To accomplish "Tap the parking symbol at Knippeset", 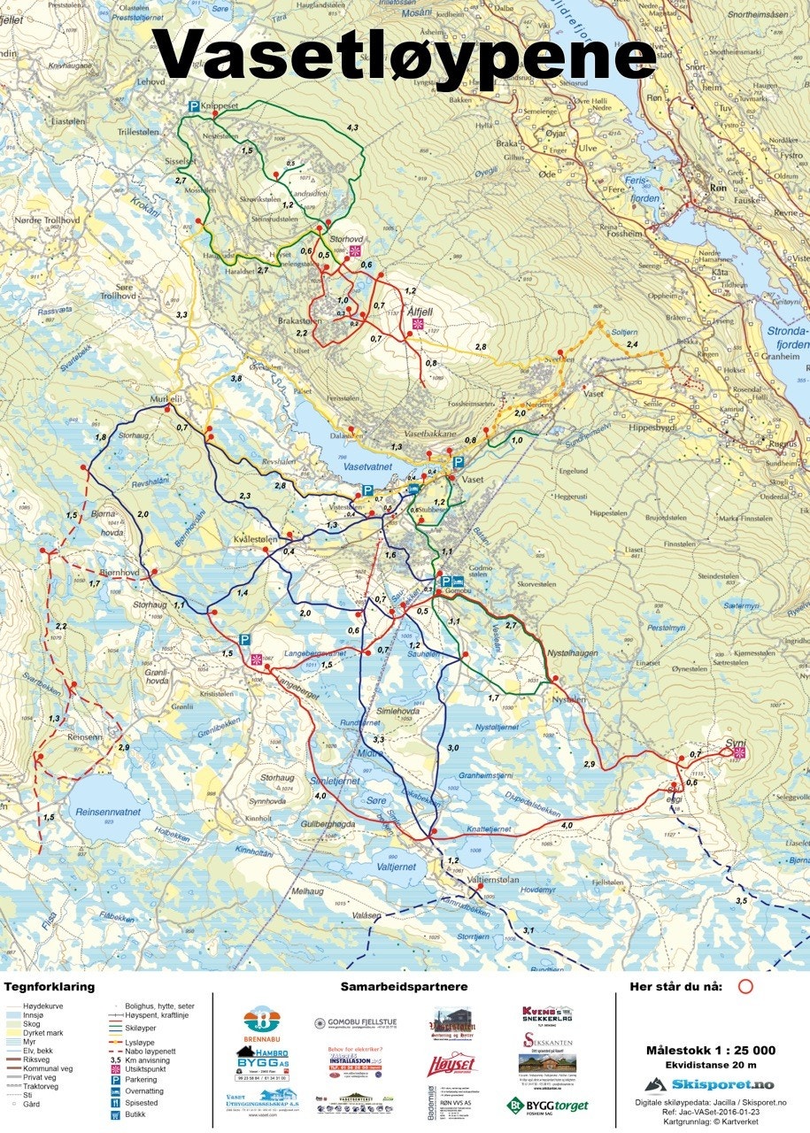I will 193,107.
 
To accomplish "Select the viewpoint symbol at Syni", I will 739,752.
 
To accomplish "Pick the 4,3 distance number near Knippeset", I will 352,128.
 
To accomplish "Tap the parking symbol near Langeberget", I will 243,639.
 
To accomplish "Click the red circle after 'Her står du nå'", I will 745,986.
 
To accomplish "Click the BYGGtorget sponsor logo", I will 547,1105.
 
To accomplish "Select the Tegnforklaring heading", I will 49,986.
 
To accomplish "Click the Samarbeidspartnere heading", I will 404,986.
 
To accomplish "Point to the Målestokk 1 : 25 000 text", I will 711,1050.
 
